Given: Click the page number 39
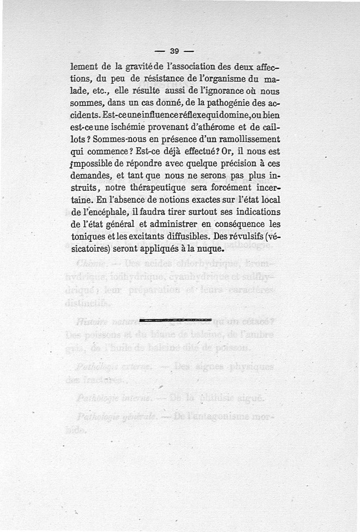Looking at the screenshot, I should coord(175,50).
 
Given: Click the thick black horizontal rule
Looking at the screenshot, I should coord(175,320).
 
